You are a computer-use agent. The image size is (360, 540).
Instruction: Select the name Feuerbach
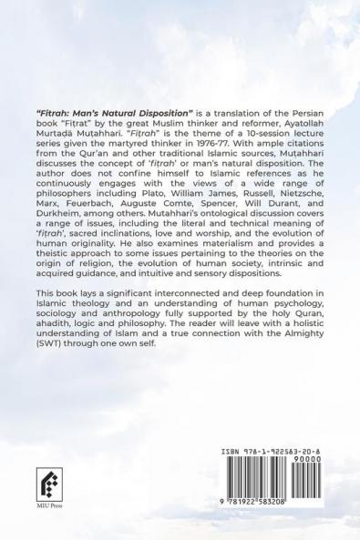[x=94, y=230]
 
